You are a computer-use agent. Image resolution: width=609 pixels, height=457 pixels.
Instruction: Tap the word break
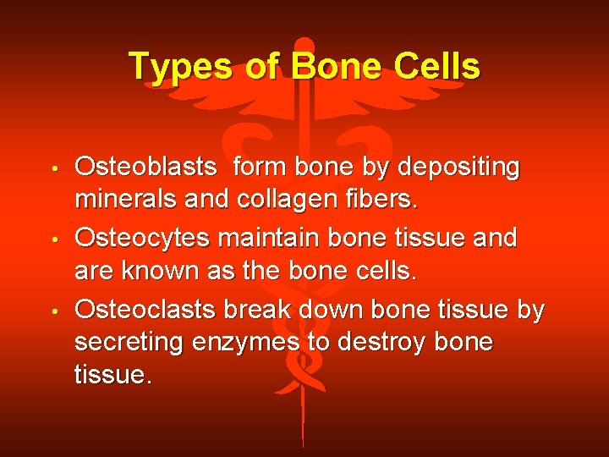[260, 309]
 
